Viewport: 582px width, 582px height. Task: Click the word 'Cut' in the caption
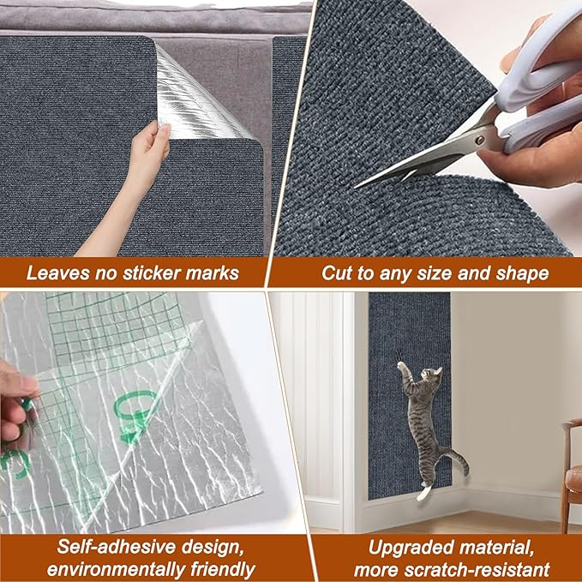(x=337, y=273)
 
